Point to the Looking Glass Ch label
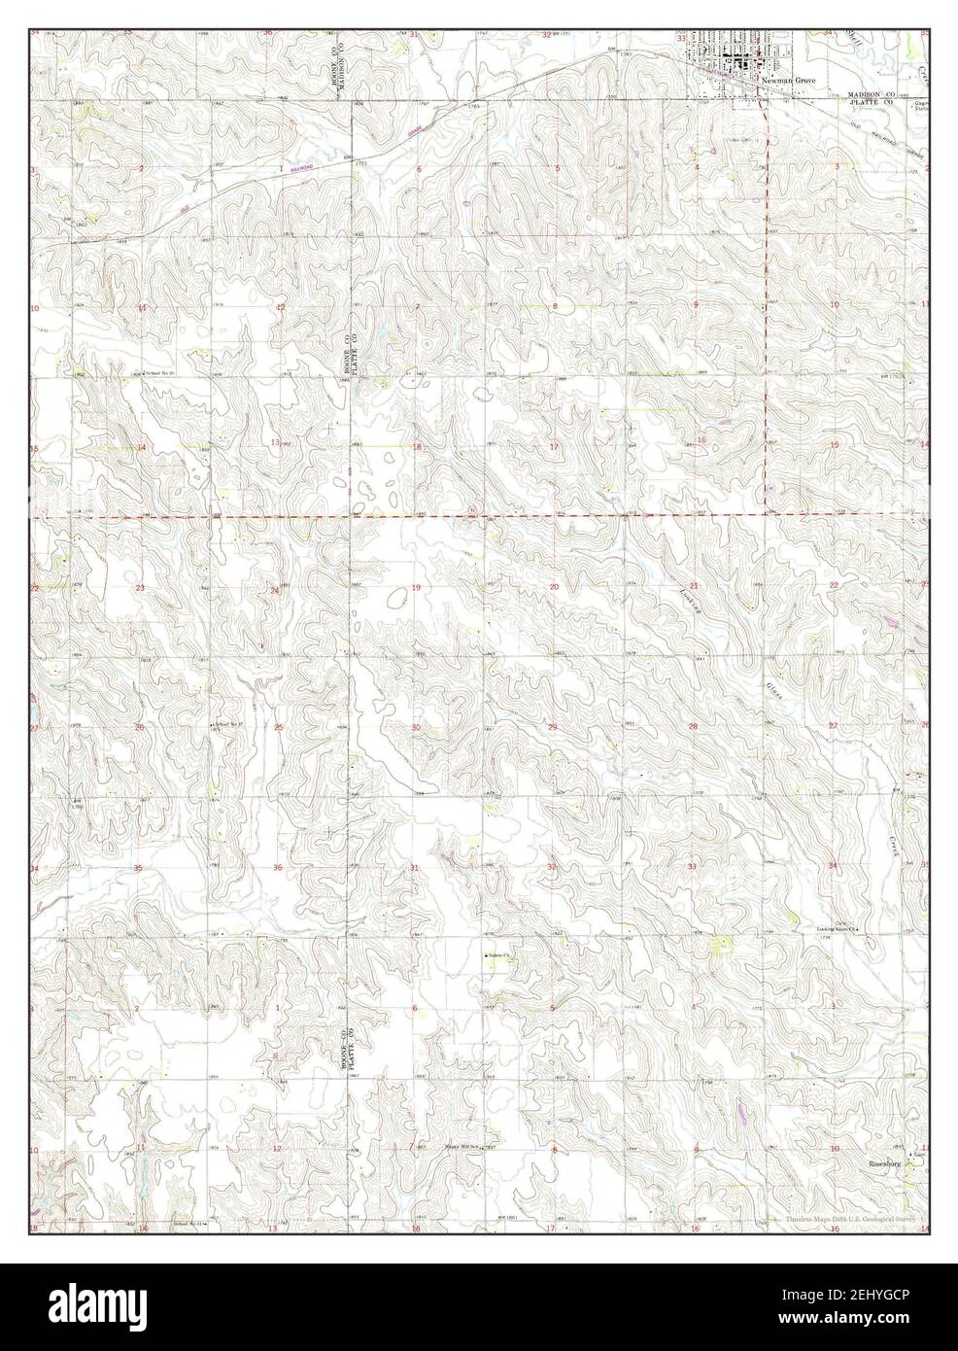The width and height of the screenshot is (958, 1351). coord(838,929)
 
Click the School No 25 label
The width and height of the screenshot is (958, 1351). coord(157,372)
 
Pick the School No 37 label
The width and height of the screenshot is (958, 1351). coord(226,724)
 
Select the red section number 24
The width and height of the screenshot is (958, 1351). coord(276,590)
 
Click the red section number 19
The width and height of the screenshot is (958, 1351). coord(415,588)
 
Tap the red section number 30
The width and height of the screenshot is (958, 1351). coord(415,727)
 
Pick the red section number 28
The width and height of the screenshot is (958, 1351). coord(694,726)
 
